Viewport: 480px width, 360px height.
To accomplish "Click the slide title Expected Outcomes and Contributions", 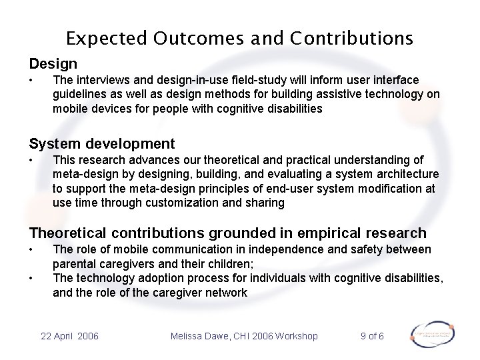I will pos(240,37).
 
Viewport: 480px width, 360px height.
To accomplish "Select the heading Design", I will pos(53,64).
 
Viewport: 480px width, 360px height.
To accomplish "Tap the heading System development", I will pos(101,143).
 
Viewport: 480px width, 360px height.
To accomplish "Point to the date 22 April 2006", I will pos(69,336).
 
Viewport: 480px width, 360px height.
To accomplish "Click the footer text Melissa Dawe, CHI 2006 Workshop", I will pos(244,336).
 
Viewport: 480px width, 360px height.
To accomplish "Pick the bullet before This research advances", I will pos(31,161).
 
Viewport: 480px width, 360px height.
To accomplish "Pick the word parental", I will pos(75,263).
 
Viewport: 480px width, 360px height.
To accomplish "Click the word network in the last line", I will pos(225,292).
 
